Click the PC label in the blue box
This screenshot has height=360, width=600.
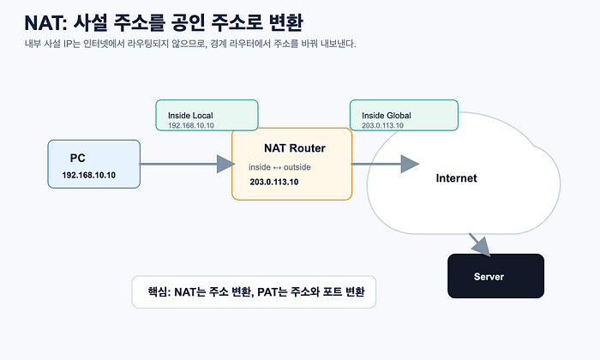(x=78, y=158)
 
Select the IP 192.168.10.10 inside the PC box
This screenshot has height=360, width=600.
(x=89, y=175)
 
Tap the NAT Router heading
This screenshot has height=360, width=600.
(x=295, y=148)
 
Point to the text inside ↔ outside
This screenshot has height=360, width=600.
(x=279, y=167)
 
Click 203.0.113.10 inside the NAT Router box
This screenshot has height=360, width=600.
(x=274, y=182)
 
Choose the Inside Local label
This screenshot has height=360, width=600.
(x=190, y=116)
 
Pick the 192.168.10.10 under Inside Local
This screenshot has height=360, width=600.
(x=191, y=125)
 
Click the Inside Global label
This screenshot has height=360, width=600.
(x=387, y=116)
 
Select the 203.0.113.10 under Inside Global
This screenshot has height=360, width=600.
(x=382, y=125)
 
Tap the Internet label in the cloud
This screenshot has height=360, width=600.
(x=457, y=178)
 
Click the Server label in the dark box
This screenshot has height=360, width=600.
(x=489, y=277)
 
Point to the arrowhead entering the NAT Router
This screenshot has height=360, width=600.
(x=225, y=164)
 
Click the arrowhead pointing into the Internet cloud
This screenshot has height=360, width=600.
(x=410, y=164)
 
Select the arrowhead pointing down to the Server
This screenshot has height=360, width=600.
(x=482, y=247)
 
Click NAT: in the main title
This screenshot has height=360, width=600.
(x=46, y=23)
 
